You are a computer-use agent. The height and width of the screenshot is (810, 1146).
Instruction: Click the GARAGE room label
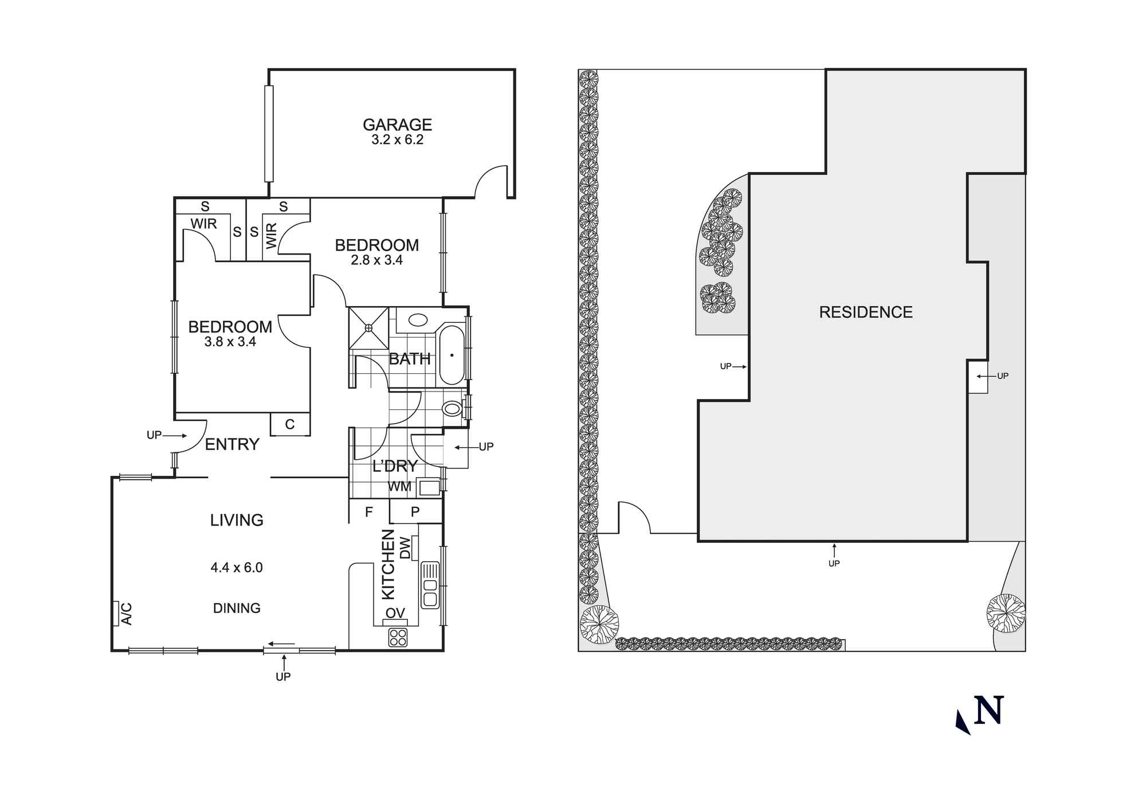397,124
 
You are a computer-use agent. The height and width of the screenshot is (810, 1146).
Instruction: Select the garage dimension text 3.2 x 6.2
397,140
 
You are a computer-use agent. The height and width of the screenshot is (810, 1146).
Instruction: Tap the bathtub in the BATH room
452,355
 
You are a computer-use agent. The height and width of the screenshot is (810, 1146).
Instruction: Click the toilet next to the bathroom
452,409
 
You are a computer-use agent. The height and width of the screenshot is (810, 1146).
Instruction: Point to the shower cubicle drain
368,328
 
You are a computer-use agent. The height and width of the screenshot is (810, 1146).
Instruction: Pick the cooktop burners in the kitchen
398,637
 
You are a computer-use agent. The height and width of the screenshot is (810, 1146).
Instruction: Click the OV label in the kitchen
395,613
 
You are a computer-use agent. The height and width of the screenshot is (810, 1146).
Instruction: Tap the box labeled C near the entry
290,424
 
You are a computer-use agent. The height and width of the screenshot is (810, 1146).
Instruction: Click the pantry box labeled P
415,511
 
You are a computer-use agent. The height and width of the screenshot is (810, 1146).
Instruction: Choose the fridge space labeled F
369,511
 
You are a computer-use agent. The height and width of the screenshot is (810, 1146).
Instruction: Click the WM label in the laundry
399,487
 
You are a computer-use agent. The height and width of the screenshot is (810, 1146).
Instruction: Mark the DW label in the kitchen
406,547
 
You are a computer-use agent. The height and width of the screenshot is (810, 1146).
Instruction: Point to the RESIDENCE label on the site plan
865,312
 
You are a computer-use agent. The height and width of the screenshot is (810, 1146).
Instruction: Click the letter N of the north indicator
989,711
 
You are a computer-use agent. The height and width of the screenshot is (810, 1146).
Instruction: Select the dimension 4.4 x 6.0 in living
237,568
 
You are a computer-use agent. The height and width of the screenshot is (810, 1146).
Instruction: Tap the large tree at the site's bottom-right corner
1006,613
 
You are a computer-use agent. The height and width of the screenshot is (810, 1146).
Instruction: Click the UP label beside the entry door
154,435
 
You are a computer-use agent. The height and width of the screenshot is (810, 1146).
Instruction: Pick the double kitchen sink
429,585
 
